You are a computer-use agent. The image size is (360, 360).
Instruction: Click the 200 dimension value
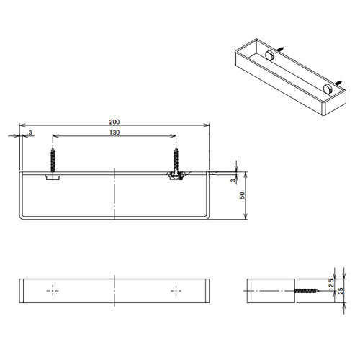(x=114, y=122)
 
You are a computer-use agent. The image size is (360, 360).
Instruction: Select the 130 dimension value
(x=114, y=132)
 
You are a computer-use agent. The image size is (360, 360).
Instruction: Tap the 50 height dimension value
(x=243, y=195)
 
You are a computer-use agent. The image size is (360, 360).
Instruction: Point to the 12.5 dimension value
(x=331, y=284)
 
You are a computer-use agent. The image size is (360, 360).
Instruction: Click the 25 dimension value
(x=341, y=291)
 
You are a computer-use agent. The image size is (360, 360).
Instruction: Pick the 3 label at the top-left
(x=30, y=132)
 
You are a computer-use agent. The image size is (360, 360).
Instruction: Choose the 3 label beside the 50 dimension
(x=233, y=180)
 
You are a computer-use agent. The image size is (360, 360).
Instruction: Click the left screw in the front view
(x=53, y=159)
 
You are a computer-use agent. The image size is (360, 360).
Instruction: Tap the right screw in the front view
(x=176, y=160)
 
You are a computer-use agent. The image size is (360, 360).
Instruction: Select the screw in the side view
(x=307, y=291)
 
